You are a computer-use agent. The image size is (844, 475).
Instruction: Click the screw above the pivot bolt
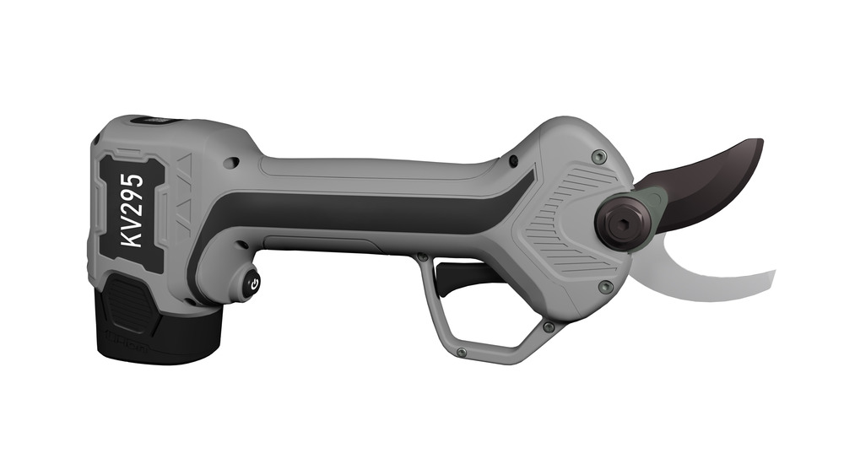click(598, 156)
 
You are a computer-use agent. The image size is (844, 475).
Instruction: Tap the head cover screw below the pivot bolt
click(604, 287)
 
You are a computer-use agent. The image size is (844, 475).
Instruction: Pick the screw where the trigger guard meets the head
click(549, 326)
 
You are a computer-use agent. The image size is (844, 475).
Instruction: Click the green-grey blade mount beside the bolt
click(651, 201)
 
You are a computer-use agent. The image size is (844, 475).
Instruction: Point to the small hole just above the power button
click(239, 246)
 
